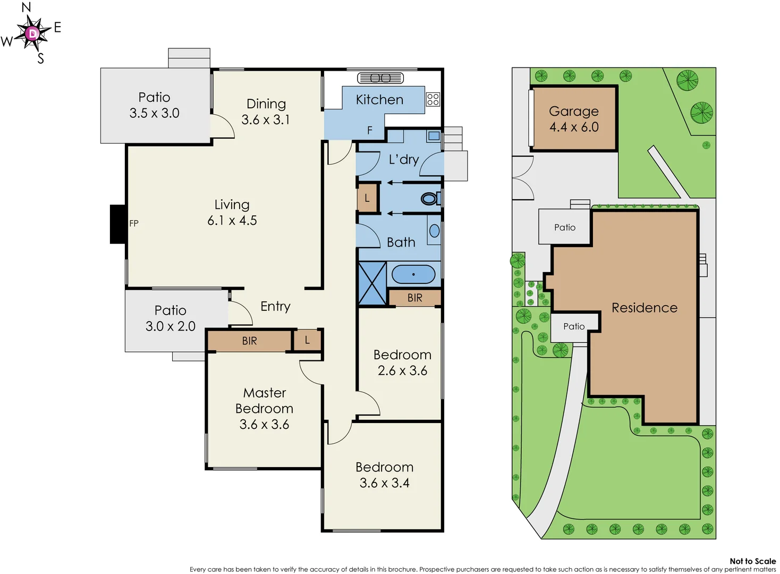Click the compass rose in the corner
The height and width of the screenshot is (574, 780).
(32, 33)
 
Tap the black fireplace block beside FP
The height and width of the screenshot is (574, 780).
(117, 224)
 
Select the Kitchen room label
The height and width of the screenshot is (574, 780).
(379, 100)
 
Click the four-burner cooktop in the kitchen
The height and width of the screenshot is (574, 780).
(433, 99)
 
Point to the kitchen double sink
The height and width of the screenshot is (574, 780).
(380, 78)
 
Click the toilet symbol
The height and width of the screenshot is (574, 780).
(429, 199)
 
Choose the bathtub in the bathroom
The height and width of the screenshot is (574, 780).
(413, 274)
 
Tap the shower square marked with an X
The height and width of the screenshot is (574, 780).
(372, 283)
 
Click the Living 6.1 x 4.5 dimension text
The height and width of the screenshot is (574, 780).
(232, 220)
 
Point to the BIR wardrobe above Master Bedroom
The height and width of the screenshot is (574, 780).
(249, 341)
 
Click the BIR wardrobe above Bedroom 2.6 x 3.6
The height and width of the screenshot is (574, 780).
(415, 298)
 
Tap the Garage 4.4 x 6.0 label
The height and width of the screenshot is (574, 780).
(574, 119)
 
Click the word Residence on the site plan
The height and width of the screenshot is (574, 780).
(645, 308)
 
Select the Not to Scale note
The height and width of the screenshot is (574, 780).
(752, 561)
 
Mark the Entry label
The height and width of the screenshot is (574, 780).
(275, 306)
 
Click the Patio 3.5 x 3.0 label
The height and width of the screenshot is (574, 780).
(155, 105)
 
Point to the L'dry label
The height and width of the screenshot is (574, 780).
(404, 159)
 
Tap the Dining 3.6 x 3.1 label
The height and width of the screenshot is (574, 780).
(266, 112)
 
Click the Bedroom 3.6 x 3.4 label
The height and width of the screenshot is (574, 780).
(384, 475)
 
